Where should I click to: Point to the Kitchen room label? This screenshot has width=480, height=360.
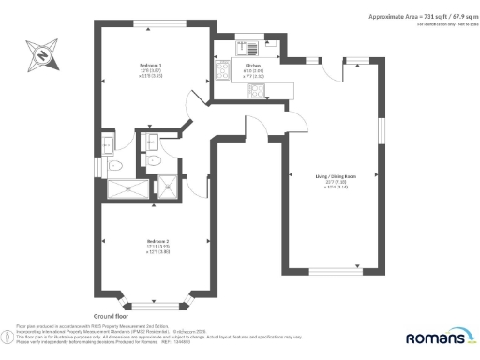(252, 65)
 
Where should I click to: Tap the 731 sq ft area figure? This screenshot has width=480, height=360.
(402, 17)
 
